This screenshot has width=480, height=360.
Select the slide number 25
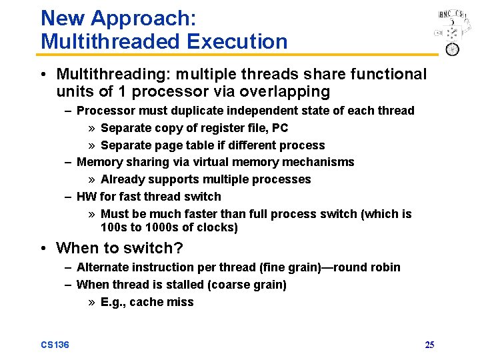[429, 345]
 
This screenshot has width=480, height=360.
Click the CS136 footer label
[55, 345]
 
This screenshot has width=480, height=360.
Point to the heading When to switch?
[119, 248]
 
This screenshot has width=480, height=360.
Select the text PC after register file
[280, 128]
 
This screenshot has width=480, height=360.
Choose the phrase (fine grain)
[290, 267]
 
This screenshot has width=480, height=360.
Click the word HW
[86, 197]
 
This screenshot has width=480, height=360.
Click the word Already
[122, 179]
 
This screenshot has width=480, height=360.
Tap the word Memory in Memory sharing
[98, 162]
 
